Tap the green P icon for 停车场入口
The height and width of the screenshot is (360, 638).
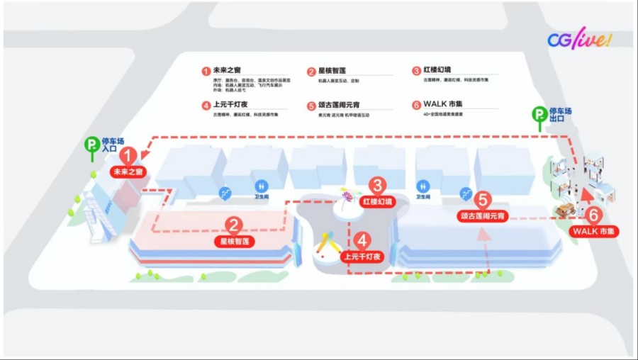91,145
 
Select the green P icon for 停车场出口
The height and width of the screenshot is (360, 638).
539,113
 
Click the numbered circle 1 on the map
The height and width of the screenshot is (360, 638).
128,154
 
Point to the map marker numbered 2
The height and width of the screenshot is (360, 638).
234,225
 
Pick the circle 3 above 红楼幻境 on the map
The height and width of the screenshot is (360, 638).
377,186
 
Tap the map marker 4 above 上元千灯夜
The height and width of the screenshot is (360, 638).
363,241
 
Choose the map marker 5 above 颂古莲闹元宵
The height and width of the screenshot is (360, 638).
483,201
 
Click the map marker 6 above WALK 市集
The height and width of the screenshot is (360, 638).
595,214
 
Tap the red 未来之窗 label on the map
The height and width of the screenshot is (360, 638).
128,171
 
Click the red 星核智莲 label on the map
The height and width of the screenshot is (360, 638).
234,242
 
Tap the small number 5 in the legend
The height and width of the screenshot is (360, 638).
311,106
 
